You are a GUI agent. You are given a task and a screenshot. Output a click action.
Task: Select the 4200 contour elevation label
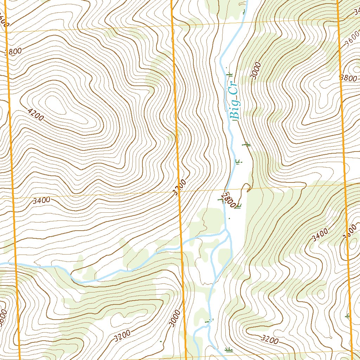tap(35, 115)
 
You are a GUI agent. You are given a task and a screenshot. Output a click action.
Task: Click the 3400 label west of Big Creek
tap(41, 201)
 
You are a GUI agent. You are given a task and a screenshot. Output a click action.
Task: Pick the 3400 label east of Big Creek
tap(320, 234)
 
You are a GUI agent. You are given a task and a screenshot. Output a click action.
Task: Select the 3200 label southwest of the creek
tap(122, 336)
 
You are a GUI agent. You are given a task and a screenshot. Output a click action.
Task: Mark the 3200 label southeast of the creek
tap(270, 339)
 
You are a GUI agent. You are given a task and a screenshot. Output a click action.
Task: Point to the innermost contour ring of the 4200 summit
tap(53, 104)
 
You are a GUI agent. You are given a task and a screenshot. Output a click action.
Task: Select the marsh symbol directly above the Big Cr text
tap(230, 74)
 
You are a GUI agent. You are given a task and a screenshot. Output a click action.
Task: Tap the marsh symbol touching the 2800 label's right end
tap(238, 206)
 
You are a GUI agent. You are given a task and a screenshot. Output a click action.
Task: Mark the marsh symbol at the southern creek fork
tap(210, 321)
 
